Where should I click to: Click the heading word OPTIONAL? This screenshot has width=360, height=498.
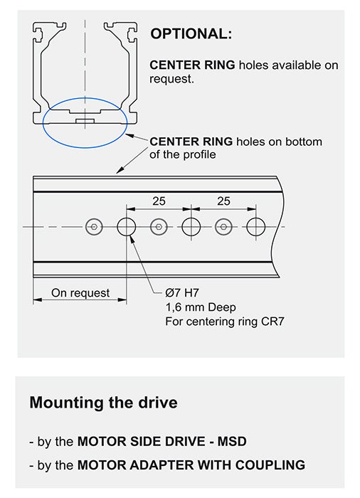point(191,33)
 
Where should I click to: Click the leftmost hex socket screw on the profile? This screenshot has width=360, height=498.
point(94,227)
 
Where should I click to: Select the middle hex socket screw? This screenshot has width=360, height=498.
point(159,227)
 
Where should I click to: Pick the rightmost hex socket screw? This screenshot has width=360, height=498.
point(223,227)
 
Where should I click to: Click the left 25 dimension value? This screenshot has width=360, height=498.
point(159,201)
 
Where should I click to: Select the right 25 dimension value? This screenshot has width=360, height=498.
point(223,201)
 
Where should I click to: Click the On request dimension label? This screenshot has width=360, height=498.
point(80,293)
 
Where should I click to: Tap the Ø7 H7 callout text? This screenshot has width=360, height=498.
point(182,292)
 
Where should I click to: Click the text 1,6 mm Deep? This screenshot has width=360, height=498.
point(201,307)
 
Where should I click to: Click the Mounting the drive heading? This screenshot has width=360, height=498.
point(104,403)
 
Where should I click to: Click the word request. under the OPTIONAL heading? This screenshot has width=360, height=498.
point(171,79)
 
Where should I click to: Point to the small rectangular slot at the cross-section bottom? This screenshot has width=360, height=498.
point(85,121)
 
